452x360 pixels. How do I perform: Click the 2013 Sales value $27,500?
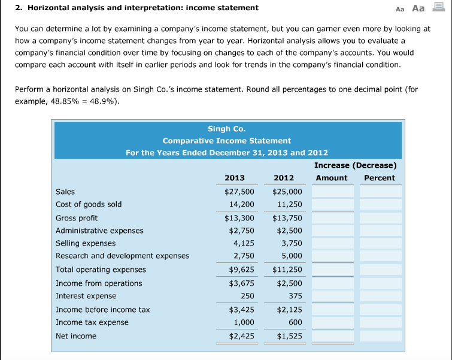click(239, 192)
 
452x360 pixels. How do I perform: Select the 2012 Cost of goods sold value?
click(290, 204)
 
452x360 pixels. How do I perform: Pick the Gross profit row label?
click(77, 218)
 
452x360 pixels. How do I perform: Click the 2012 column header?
click(284, 178)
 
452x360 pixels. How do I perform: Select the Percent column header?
click(380, 178)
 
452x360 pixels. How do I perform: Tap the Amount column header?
click(332, 178)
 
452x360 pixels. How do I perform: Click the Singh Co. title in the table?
click(226, 129)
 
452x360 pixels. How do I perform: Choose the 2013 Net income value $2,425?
click(241, 336)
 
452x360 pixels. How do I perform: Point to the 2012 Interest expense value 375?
click(295, 296)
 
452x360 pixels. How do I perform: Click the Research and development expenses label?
click(122, 256)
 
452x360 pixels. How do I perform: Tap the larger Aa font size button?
click(418, 8)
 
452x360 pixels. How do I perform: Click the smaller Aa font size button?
click(401, 8)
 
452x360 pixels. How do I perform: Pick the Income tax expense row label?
click(92, 322)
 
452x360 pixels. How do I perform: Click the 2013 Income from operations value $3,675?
click(241, 283)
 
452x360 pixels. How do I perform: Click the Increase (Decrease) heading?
click(355, 165)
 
